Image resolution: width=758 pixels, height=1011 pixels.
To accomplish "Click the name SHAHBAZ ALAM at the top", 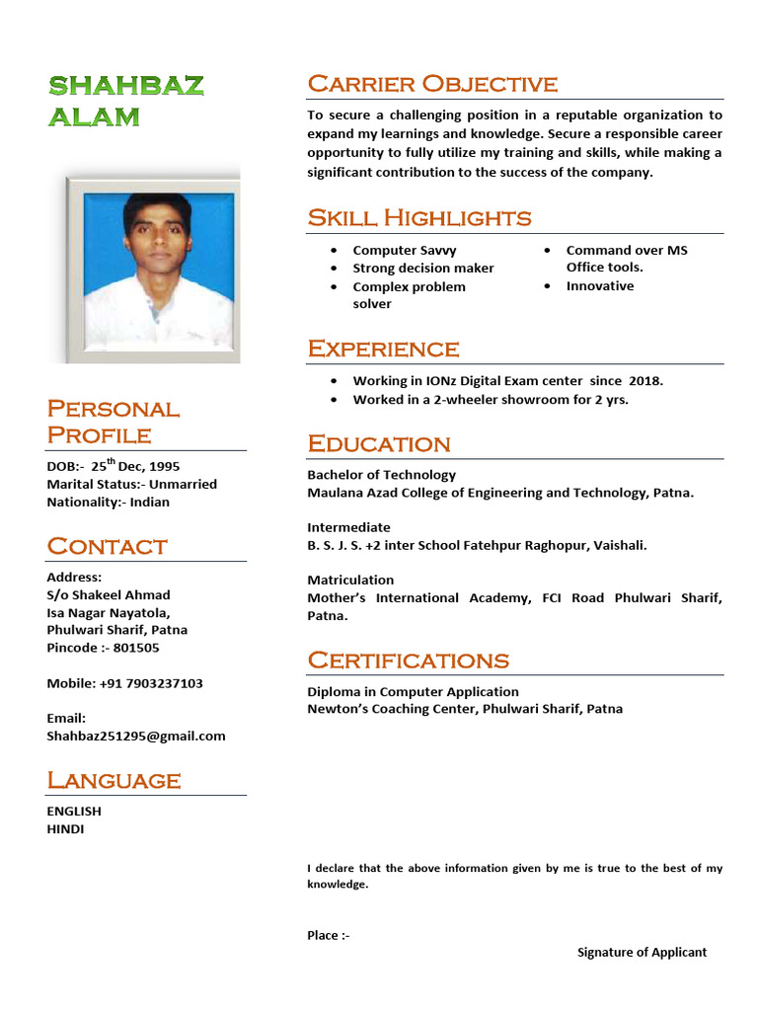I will coord(126,101).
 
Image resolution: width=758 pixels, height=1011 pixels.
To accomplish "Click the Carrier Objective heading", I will coord(432,84).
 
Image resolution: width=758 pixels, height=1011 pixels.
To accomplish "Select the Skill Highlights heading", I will coord(419,217).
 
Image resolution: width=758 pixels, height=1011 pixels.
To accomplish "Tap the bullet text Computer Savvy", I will coord(405,251).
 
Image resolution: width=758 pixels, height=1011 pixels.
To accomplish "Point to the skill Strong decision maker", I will coord(423,269).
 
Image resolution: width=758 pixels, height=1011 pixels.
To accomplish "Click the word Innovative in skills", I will coord(600,286).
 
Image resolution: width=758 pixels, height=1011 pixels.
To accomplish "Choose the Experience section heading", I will coord(383,349).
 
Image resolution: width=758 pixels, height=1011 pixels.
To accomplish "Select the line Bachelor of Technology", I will coord(381,475).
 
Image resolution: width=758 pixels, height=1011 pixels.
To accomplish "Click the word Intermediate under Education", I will coord(348,527).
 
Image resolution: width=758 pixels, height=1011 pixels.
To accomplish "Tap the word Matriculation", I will coord(350,580).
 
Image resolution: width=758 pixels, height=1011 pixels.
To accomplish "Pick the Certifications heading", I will coord(408,660).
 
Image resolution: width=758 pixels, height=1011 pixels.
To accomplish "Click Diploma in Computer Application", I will coord(413,692).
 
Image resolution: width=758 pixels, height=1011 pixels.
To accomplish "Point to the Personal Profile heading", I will coord(114,422).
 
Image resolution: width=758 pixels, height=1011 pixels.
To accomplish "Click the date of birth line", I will coord(114,466).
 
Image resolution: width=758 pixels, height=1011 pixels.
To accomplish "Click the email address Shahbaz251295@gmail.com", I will coord(136,736).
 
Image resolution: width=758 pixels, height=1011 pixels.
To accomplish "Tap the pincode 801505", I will coord(136,648).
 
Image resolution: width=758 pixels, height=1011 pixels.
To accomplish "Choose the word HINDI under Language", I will coord(65,829).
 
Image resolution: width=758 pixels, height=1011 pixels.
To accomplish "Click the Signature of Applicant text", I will coord(642,953).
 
